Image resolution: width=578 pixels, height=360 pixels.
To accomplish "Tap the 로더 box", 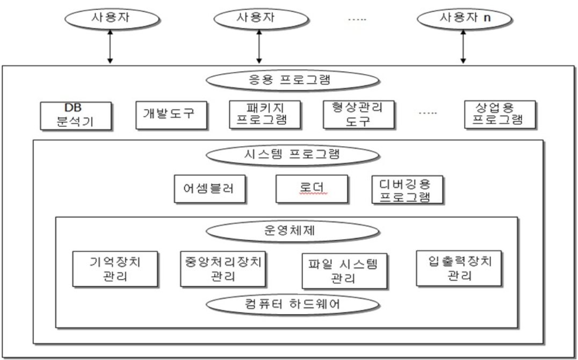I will coord(312,189).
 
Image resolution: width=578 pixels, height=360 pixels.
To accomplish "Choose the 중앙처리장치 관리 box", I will coord(223,268).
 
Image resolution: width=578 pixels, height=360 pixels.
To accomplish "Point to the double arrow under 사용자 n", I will coord(463,47).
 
